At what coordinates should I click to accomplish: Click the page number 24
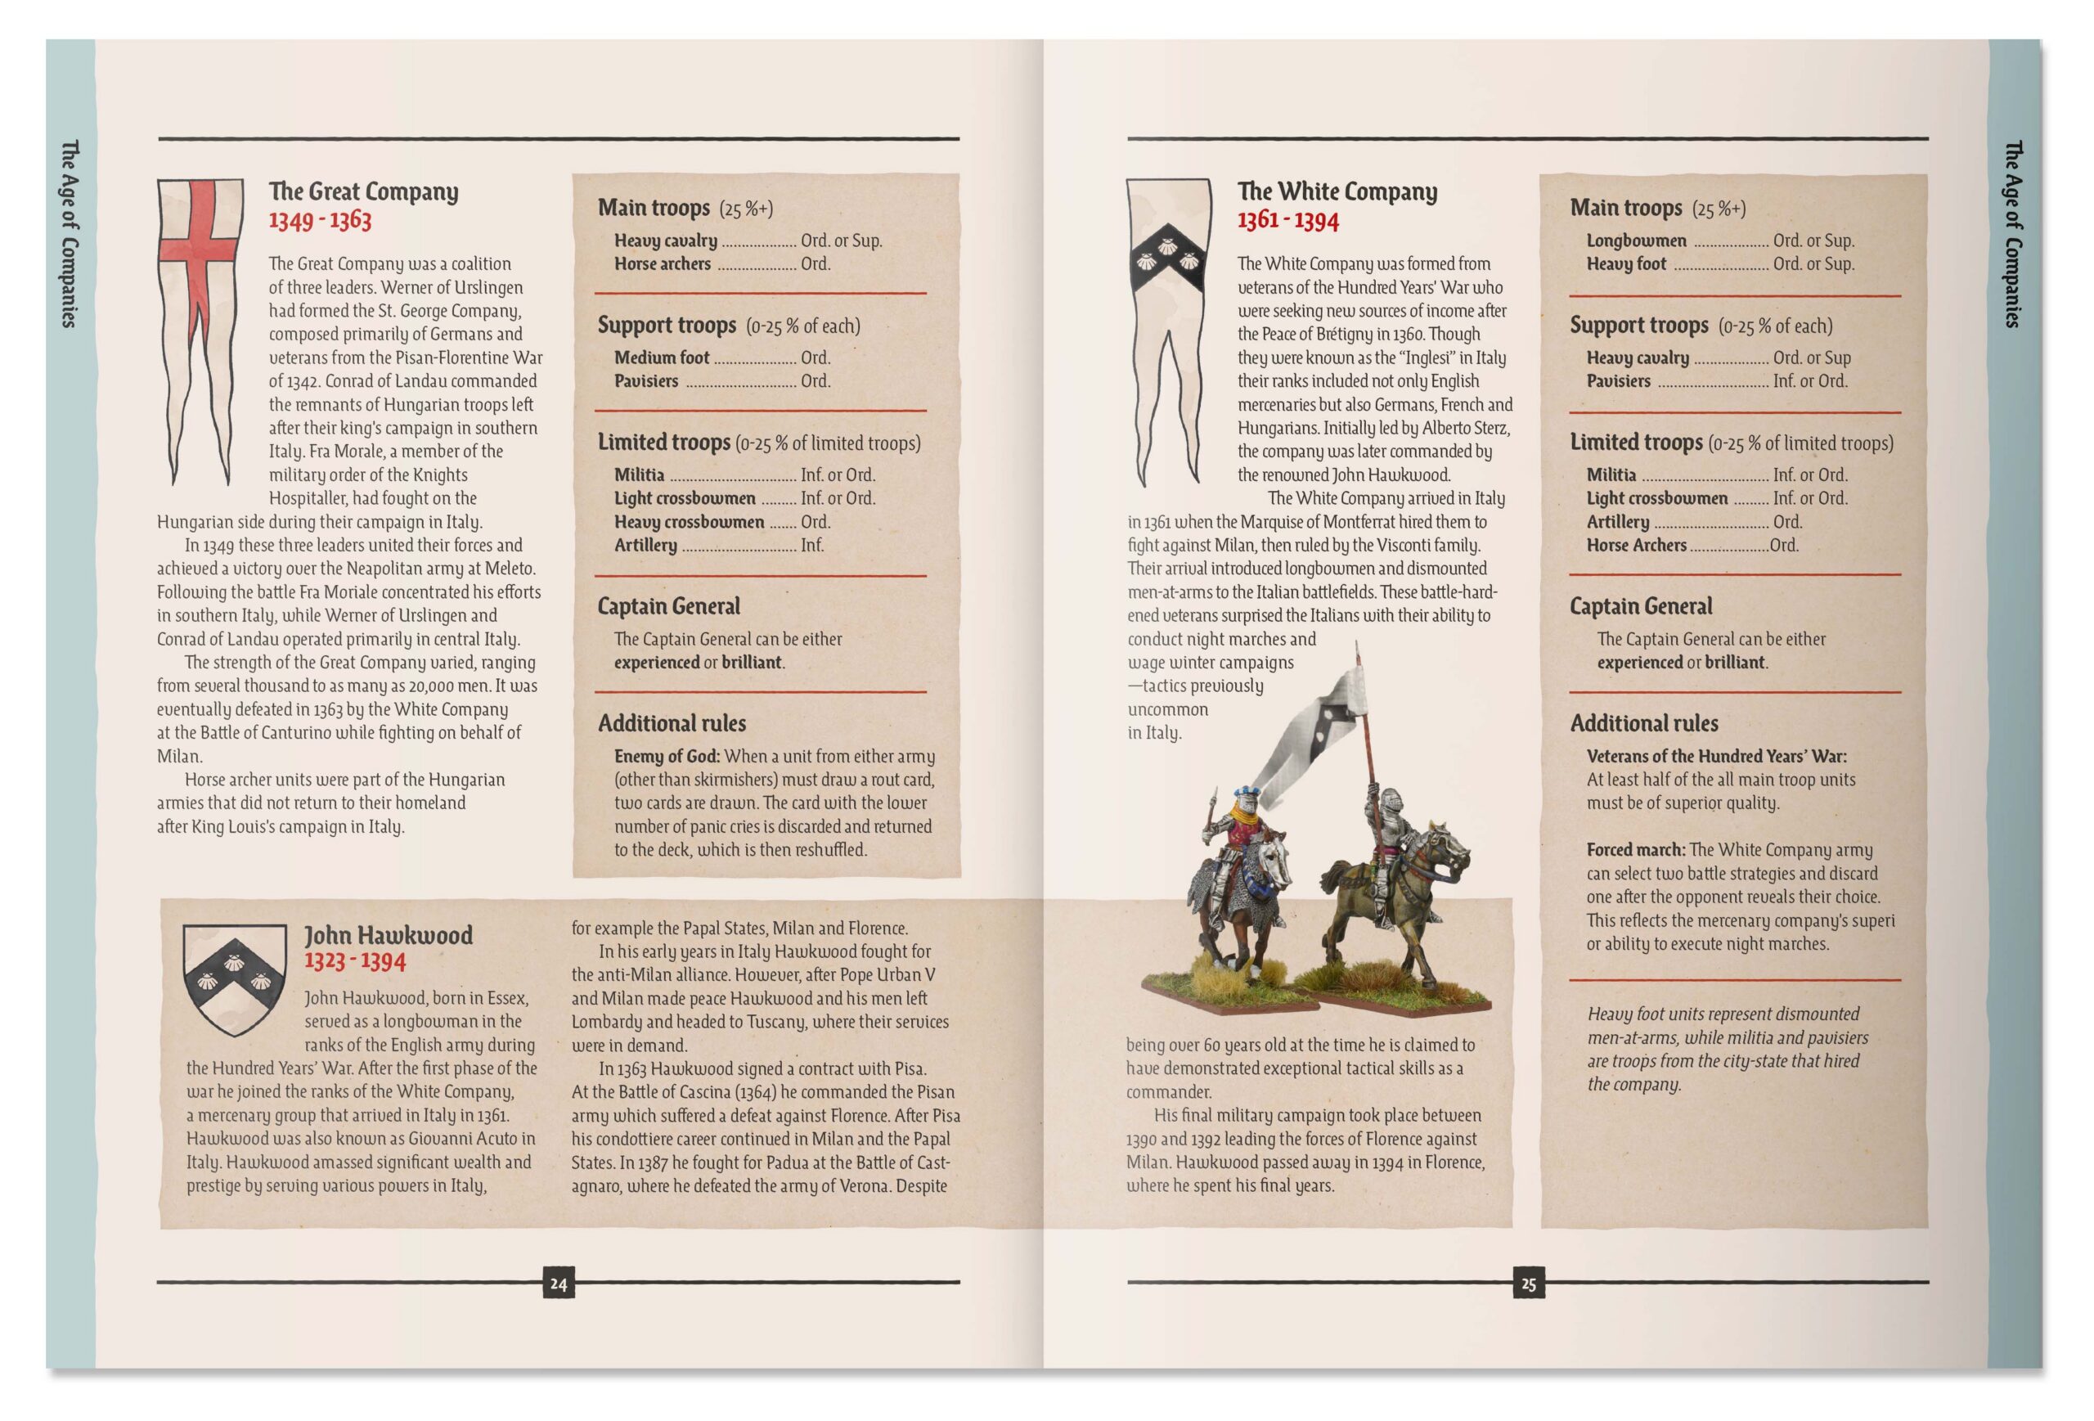[x=558, y=1283]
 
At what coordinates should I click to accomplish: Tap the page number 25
[x=1528, y=1283]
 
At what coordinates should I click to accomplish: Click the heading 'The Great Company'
[x=363, y=191]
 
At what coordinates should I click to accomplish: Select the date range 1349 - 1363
[x=320, y=220]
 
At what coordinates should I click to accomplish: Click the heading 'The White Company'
[x=1337, y=191]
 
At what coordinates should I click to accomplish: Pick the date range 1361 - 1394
[x=1287, y=220]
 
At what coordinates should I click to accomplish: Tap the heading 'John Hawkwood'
[x=389, y=934]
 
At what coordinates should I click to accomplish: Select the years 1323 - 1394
[x=355, y=960]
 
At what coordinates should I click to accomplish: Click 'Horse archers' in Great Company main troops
[x=663, y=264]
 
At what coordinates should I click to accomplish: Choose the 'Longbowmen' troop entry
[x=1636, y=241]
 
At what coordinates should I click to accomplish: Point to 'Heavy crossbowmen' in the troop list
[x=690, y=522]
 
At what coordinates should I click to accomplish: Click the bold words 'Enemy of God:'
[x=667, y=756]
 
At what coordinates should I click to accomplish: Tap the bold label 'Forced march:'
[x=1635, y=850]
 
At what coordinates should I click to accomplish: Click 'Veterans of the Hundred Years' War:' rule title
[x=1716, y=756]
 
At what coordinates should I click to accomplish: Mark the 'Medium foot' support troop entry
[x=663, y=357]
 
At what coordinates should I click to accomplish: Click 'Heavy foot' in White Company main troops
[x=1626, y=264]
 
